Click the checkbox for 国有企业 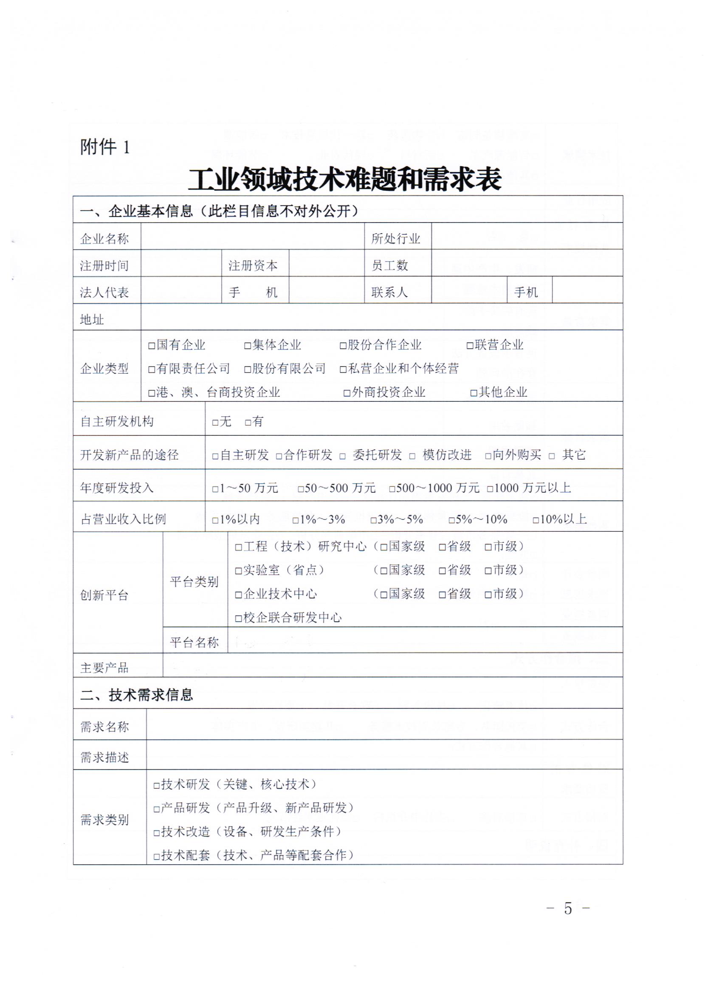pos(152,346)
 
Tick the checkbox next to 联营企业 pos(470,346)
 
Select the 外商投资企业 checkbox pos(347,393)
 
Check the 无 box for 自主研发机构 pos(215,423)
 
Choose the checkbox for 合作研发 pos(279,456)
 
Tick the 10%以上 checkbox pos(536,521)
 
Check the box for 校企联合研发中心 pos(239,619)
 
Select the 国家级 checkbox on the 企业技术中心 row pos(384,595)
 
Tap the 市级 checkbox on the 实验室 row pos(488,571)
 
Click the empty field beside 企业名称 pos(253,237)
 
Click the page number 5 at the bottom pos(568,908)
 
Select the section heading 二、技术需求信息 pos(137,695)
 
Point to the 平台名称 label pos(195,642)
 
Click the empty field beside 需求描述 pos(384,755)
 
